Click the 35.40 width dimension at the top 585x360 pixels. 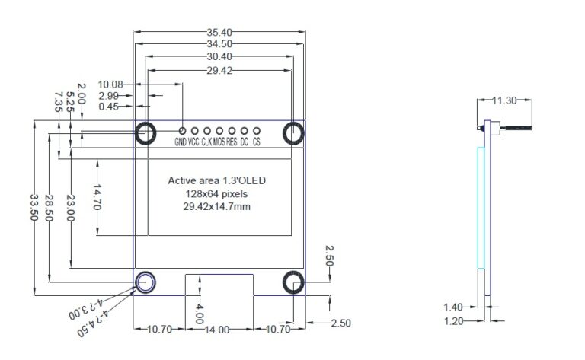coord(219,32)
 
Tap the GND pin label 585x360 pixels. coord(181,142)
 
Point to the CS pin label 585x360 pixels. coord(257,142)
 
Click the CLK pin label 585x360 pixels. coord(206,142)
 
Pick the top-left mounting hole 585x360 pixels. coord(145,133)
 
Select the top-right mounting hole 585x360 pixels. coord(294,133)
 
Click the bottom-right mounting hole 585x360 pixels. coord(294,282)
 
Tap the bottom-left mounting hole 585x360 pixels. coord(145,282)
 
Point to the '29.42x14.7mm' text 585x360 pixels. coord(217,207)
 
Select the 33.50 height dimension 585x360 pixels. coord(34,207)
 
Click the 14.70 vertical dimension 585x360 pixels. coord(97,196)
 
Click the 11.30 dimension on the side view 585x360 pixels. coord(504,100)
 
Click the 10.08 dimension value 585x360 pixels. coord(111,84)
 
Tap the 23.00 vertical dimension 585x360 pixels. coord(70,207)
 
